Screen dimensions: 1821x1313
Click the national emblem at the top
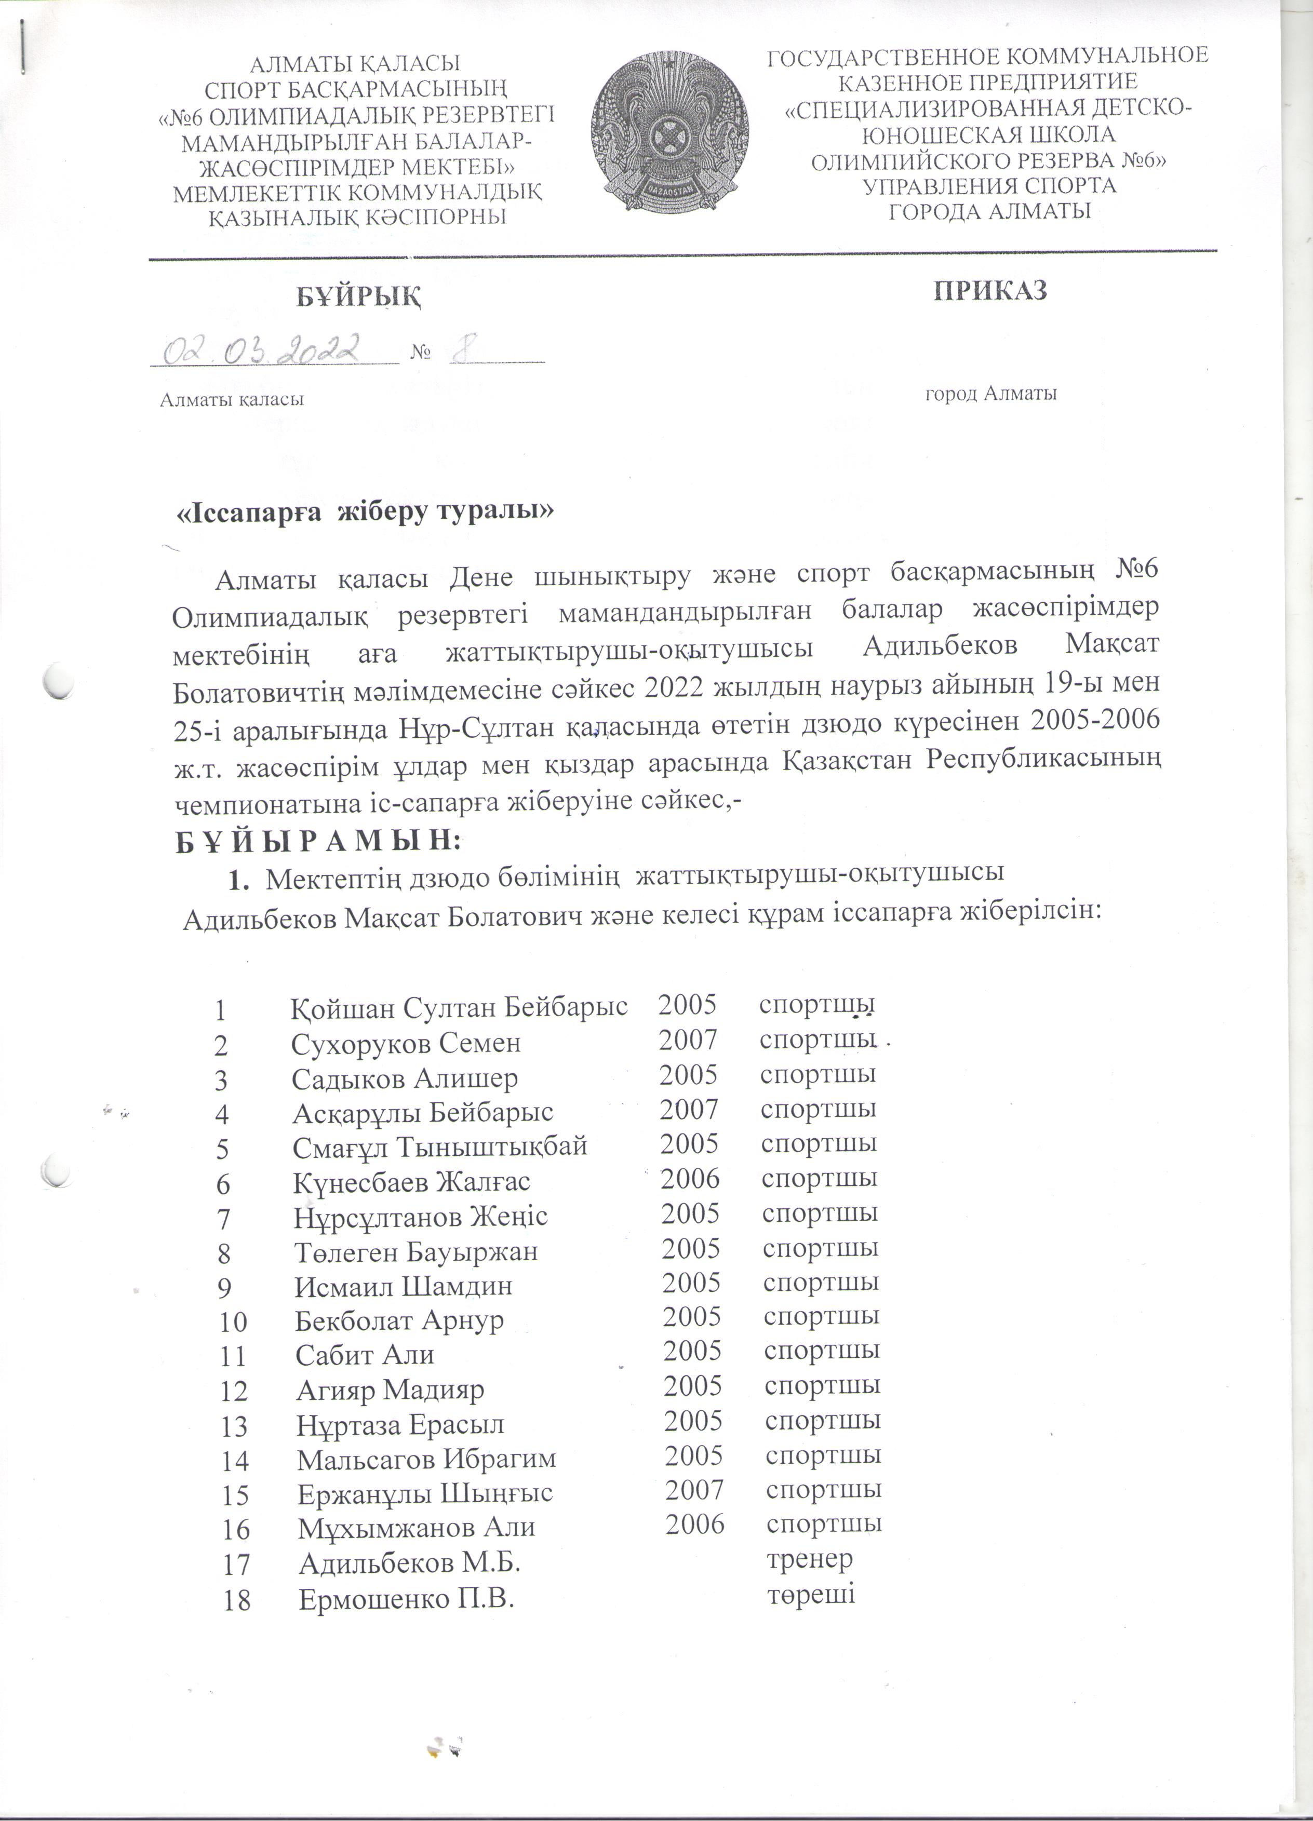[x=670, y=132]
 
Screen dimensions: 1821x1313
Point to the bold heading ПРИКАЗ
[x=990, y=291]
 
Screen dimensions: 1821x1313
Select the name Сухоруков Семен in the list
[x=406, y=1043]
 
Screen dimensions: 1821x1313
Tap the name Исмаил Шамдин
[x=403, y=1286]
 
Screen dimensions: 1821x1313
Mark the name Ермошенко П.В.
[x=406, y=1599]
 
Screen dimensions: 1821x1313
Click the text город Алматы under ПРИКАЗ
[x=990, y=394]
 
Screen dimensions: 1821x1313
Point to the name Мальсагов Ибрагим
[x=425, y=1458]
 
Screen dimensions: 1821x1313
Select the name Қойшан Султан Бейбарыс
[x=459, y=1006]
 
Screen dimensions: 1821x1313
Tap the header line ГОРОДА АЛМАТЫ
[x=989, y=211]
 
